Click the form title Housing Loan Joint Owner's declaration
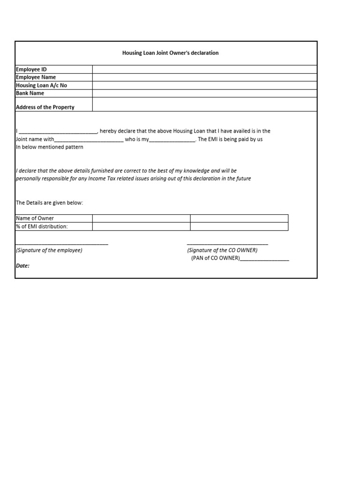point(170,53)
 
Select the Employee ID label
point(31,69)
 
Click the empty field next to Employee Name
point(204,77)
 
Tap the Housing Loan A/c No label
point(41,85)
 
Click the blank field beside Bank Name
point(204,93)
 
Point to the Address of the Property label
point(45,107)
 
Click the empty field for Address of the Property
point(204,105)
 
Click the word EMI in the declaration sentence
point(214,140)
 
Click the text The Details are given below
point(49,202)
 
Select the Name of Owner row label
point(35,218)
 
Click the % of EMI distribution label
point(42,227)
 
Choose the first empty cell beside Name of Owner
point(141,218)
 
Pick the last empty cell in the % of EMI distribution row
point(239,227)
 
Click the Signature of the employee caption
point(49,250)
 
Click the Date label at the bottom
point(23,266)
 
